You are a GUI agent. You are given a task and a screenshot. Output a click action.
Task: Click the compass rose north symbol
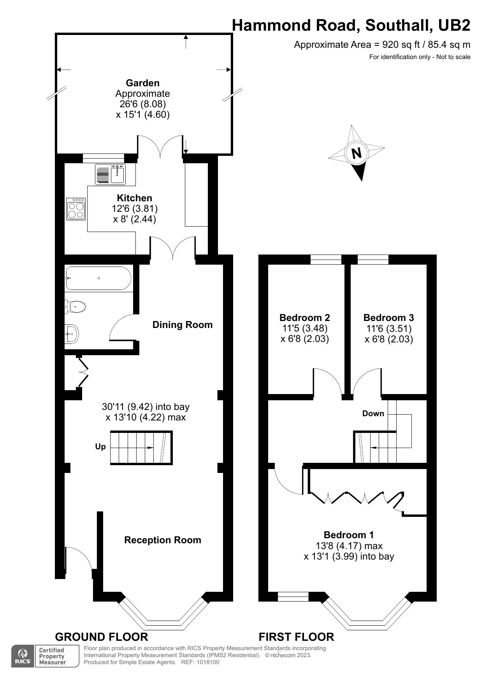(x=356, y=153)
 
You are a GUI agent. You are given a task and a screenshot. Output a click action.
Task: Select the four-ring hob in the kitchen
(x=76, y=209)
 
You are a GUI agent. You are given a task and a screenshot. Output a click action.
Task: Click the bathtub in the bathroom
(x=98, y=278)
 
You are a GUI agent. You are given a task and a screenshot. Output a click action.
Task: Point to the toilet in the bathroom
(x=75, y=307)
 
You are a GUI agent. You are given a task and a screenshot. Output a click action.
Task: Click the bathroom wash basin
(x=72, y=334)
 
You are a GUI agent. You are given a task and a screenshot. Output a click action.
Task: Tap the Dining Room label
(x=183, y=325)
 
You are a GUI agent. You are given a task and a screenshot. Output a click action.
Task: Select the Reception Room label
(x=163, y=540)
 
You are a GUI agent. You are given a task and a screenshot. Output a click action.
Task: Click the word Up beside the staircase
(x=100, y=447)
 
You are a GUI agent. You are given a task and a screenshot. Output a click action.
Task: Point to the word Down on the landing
(x=373, y=413)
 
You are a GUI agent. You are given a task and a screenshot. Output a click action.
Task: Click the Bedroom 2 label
(x=305, y=318)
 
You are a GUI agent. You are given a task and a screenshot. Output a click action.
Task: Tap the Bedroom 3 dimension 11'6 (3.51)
(x=389, y=329)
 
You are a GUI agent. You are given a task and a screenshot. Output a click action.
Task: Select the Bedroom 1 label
(x=349, y=535)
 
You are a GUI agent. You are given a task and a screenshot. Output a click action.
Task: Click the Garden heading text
(x=143, y=83)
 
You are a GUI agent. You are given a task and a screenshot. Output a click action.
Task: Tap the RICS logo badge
(x=23, y=656)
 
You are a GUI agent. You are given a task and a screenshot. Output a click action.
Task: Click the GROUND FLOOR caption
(x=102, y=637)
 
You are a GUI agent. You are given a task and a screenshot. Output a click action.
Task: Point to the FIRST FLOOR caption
(x=297, y=637)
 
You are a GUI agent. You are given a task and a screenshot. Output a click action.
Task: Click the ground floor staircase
(x=141, y=448)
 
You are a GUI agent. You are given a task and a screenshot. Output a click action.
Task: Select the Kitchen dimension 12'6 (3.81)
(x=135, y=209)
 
